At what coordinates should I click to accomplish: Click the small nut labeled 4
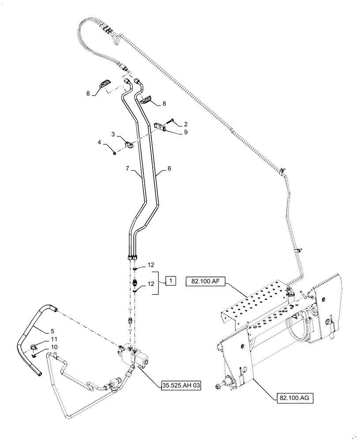pyautogui.click(x=114, y=153)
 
